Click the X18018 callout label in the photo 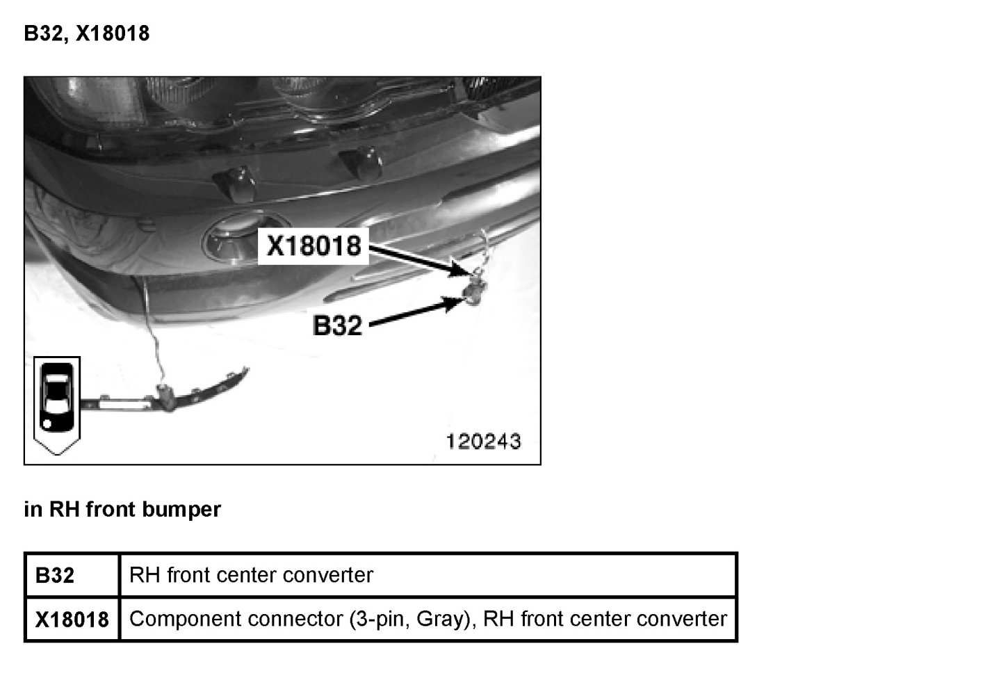(314, 245)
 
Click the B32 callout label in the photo (337, 325)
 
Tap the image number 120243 (483, 441)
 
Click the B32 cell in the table (55, 575)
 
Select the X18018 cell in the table (72, 619)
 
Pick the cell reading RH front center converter (251, 575)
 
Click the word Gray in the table (441, 619)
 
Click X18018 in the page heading (113, 33)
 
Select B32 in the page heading (43, 33)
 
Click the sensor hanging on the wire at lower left (166, 396)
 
